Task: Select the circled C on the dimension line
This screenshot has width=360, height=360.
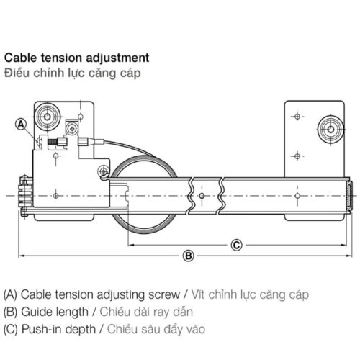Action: click(235, 244)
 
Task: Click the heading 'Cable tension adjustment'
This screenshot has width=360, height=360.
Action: click(77, 57)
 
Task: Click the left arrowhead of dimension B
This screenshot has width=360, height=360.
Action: click(22, 255)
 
